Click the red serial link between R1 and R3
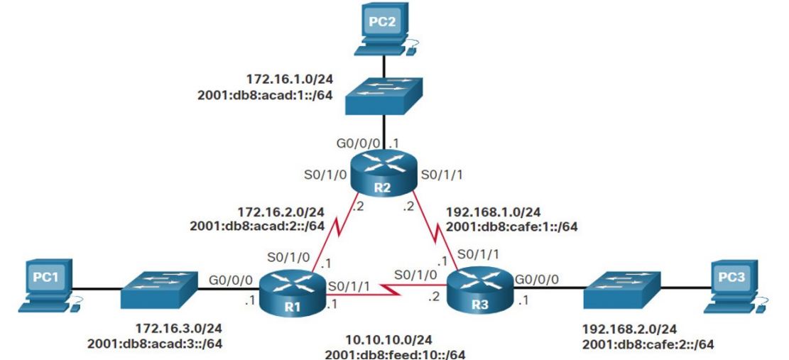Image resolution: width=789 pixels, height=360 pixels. [387, 288]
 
